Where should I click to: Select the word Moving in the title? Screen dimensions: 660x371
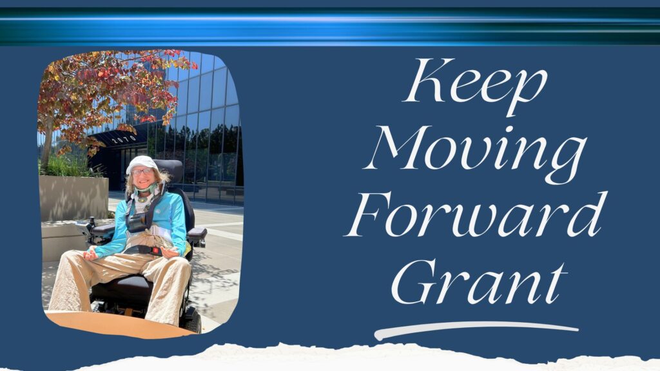[x=476, y=153]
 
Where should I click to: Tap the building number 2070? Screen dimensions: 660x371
[x=124, y=139]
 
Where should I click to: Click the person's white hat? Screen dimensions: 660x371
[x=142, y=164]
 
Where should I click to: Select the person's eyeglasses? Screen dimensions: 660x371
[x=142, y=171]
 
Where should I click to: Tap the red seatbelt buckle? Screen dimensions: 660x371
[x=156, y=251]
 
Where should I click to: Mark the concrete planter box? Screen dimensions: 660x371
[x=73, y=198]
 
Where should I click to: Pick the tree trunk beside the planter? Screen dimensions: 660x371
[x=46, y=143]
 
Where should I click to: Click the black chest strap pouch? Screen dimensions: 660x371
[x=137, y=223]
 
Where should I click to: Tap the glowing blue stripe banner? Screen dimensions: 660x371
[x=330, y=26]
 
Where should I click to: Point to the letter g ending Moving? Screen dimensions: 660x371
[x=566, y=162]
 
